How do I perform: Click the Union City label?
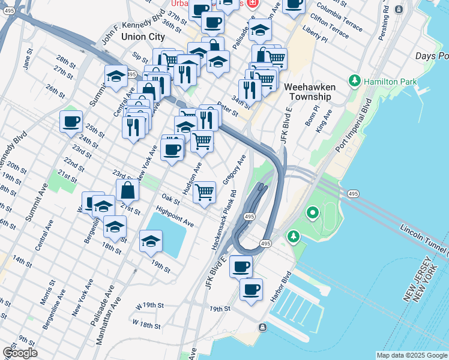tap(143, 37)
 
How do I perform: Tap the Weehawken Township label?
tap(310, 92)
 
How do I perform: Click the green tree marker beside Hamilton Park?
tap(355, 80)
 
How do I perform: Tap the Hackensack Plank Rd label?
tap(223, 221)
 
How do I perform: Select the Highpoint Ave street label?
tap(174, 217)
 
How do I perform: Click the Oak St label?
tap(171, 199)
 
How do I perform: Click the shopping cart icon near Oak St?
tap(205, 192)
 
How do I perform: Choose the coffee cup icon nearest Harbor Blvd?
tap(252, 289)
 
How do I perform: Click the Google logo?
tap(20, 353)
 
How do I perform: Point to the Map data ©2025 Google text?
tap(411, 355)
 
